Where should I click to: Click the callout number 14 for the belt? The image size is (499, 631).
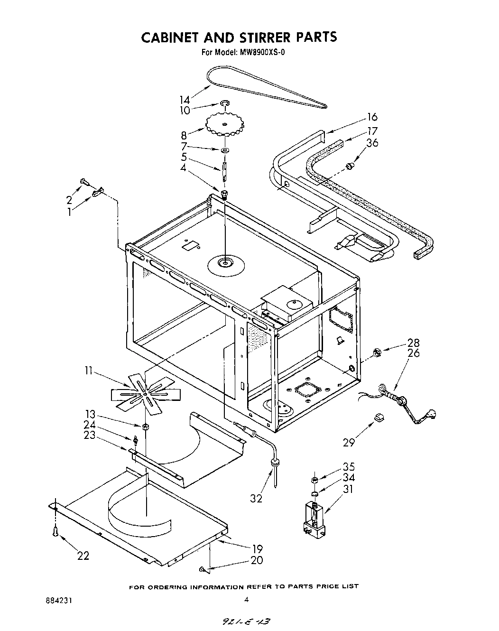185,100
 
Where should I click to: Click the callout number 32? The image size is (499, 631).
256,499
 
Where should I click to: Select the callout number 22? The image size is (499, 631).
83,556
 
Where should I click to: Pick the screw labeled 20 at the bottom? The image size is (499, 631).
203,568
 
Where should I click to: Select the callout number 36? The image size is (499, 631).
372,142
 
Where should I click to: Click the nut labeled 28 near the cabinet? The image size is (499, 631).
378,352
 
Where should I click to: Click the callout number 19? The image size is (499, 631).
257,549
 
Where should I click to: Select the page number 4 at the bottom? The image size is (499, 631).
246,600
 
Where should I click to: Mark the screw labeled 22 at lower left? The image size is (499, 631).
55,532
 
